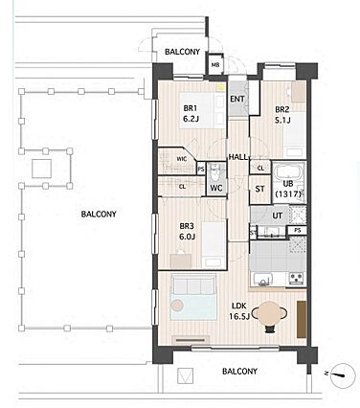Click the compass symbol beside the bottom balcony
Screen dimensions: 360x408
coord(343,375)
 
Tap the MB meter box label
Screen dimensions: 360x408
coord(215,65)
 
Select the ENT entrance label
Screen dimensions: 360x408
coord(237,99)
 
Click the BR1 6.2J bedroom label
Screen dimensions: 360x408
coord(191,114)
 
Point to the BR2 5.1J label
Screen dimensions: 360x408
coord(282,115)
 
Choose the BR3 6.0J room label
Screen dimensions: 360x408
coord(187,232)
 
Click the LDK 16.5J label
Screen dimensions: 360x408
coord(239,311)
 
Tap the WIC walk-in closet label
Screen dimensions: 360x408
coord(182,159)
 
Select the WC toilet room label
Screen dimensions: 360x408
coord(216,189)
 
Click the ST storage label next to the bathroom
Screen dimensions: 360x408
coord(260,189)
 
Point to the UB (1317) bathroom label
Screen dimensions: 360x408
coord(288,189)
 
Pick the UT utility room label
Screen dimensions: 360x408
coord(277,216)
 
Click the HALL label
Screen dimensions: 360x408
coord(237,157)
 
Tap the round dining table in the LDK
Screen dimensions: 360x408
coord(269,315)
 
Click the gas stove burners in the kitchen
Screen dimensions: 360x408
coord(298,278)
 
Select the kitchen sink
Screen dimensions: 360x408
coord(262,280)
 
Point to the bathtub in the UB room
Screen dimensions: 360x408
coord(289,172)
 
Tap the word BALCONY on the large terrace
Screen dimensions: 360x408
coord(99,214)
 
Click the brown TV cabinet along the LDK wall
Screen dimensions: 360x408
coord(302,319)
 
